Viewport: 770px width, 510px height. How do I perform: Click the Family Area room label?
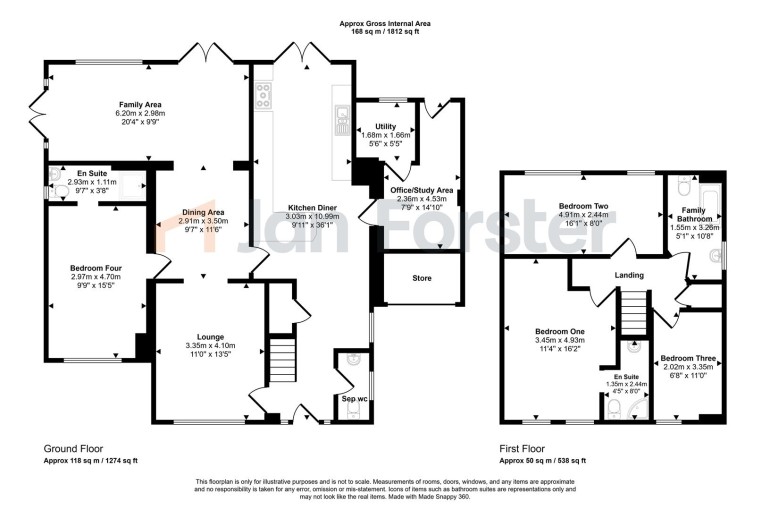141,104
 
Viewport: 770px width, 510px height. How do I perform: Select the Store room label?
422,277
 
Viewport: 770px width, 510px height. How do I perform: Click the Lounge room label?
210,336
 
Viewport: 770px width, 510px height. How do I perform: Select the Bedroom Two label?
584,205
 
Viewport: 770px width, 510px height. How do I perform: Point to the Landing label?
629,275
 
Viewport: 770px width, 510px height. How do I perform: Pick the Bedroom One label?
559,331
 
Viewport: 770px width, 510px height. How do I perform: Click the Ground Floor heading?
73,449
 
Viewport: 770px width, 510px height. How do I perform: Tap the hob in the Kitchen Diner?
266,95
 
